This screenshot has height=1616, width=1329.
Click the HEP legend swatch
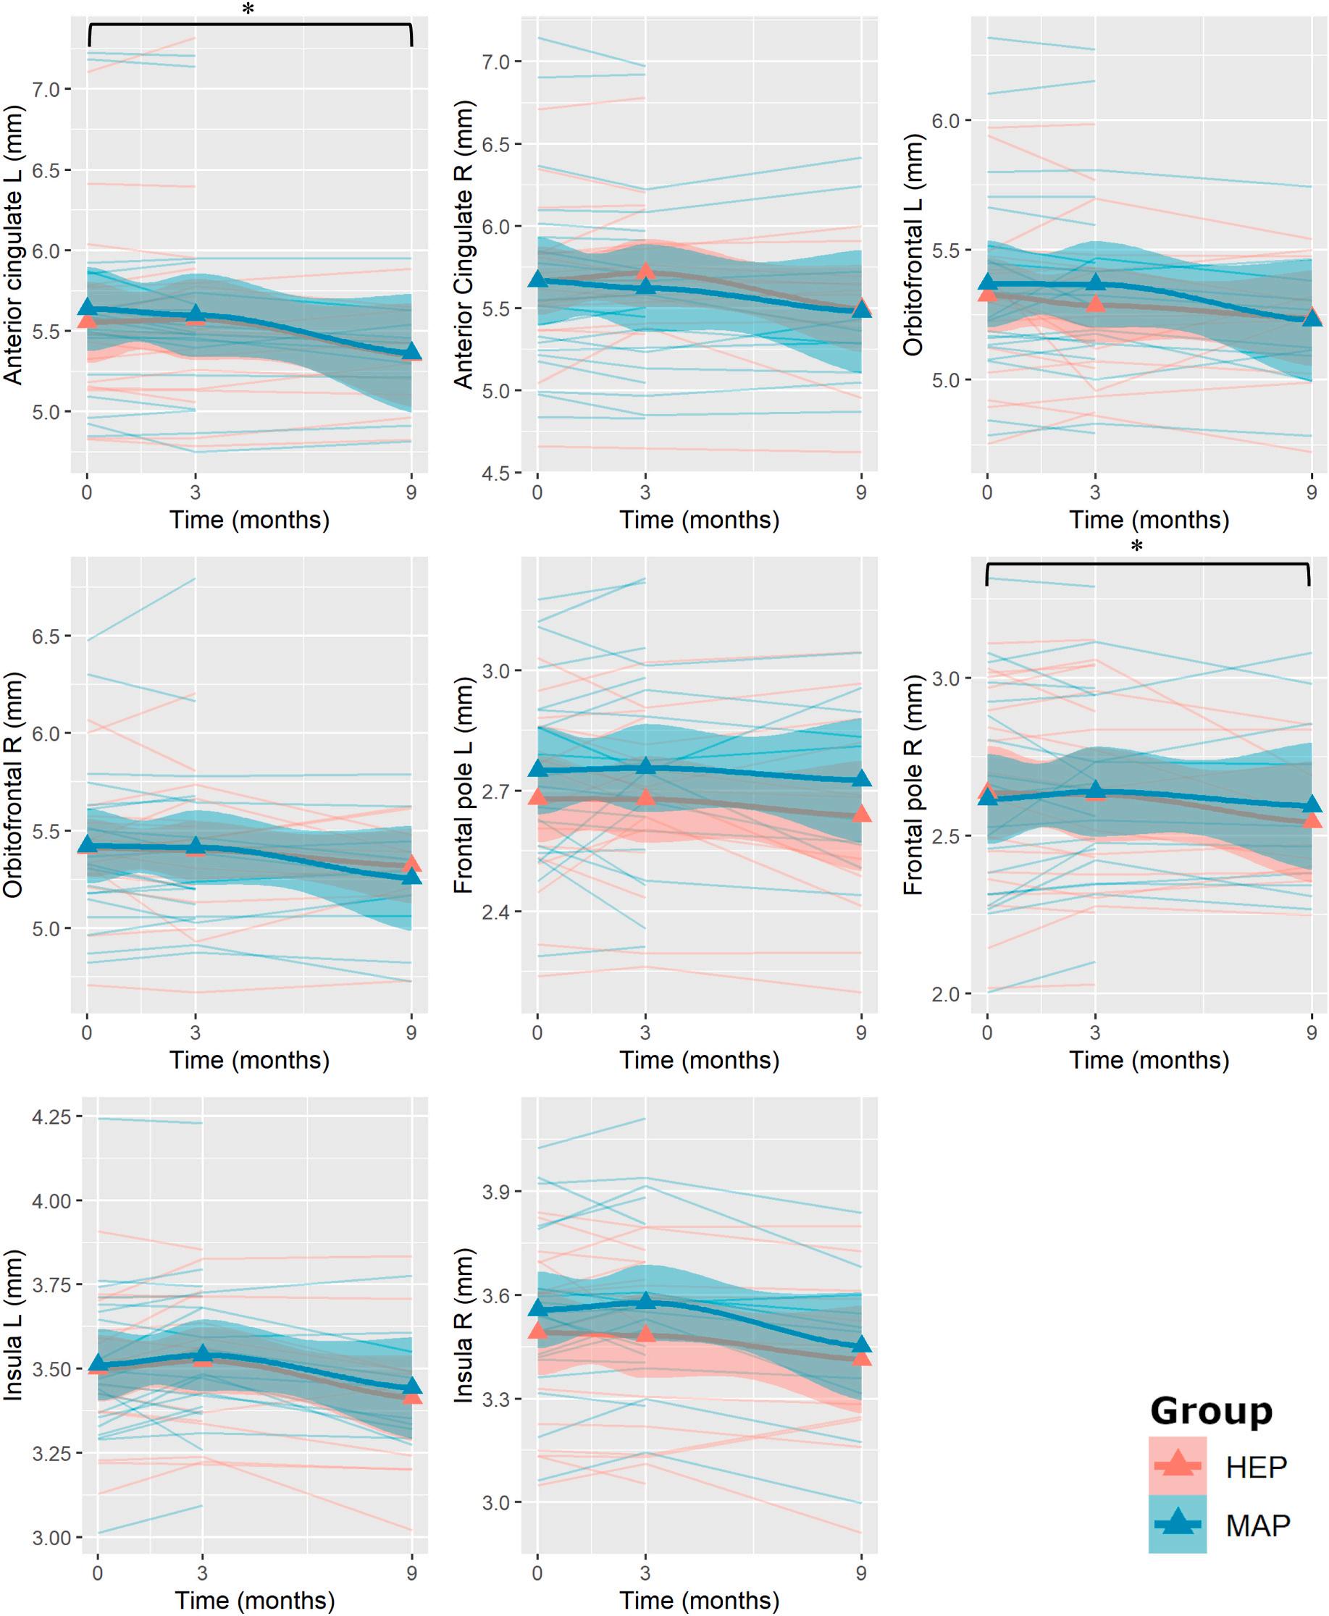pyautogui.click(x=1177, y=1465)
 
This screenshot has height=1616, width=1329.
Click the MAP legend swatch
pyautogui.click(x=1177, y=1524)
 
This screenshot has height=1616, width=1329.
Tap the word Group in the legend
pyautogui.click(x=1210, y=1411)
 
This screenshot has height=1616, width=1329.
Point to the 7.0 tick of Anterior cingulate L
pyautogui.click(x=45, y=90)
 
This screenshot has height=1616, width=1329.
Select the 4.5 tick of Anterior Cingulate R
pyautogui.click(x=496, y=473)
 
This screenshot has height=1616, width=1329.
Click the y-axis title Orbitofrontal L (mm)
pyautogui.click(x=913, y=245)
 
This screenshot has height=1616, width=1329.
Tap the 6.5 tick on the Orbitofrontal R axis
pyautogui.click(x=45, y=636)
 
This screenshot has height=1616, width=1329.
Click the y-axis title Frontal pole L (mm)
pyautogui.click(x=464, y=785)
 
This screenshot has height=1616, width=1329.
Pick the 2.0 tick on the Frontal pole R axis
pyautogui.click(x=946, y=994)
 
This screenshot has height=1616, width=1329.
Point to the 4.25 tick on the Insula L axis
pyautogui.click(x=51, y=1117)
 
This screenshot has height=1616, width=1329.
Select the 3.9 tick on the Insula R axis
pyautogui.click(x=496, y=1191)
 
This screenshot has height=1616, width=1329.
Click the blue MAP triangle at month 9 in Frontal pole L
pyautogui.click(x=862, y=778)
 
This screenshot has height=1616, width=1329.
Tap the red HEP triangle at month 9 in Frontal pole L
pyautogui.click(x=862, y=813)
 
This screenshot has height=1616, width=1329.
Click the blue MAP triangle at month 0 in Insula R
pyautogui.click(x=537, y=1308)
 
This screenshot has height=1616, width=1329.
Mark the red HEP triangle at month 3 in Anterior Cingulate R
pyautogui.click(x=645, y=271)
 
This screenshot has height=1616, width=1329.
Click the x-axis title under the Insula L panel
pyautogui.click(x=254, y=1599)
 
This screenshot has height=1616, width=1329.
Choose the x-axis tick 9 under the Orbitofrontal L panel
pyautogui.click(x=1312, y=492)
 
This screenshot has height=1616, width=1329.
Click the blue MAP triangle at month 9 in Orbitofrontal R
pyautogui.click(x=412, y=875)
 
